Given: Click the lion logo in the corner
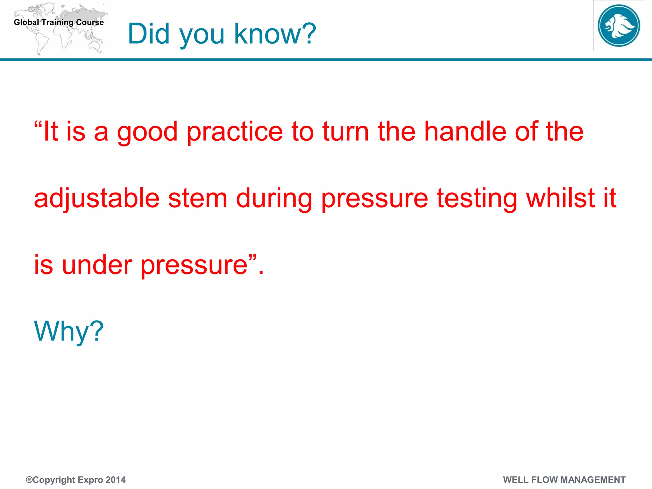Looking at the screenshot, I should point(619,25).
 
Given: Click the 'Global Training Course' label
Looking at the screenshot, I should point(59,22).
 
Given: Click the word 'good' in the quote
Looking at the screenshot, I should point(147,132).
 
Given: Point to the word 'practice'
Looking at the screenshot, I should point(235,132).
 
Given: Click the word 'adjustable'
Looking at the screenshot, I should point(96,199).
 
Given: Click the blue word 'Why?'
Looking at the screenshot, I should point(69,331).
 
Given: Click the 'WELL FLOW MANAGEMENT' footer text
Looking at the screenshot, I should point(564,480).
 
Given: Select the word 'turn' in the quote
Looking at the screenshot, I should point(346,132).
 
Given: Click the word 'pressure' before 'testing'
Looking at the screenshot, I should point(375,199).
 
